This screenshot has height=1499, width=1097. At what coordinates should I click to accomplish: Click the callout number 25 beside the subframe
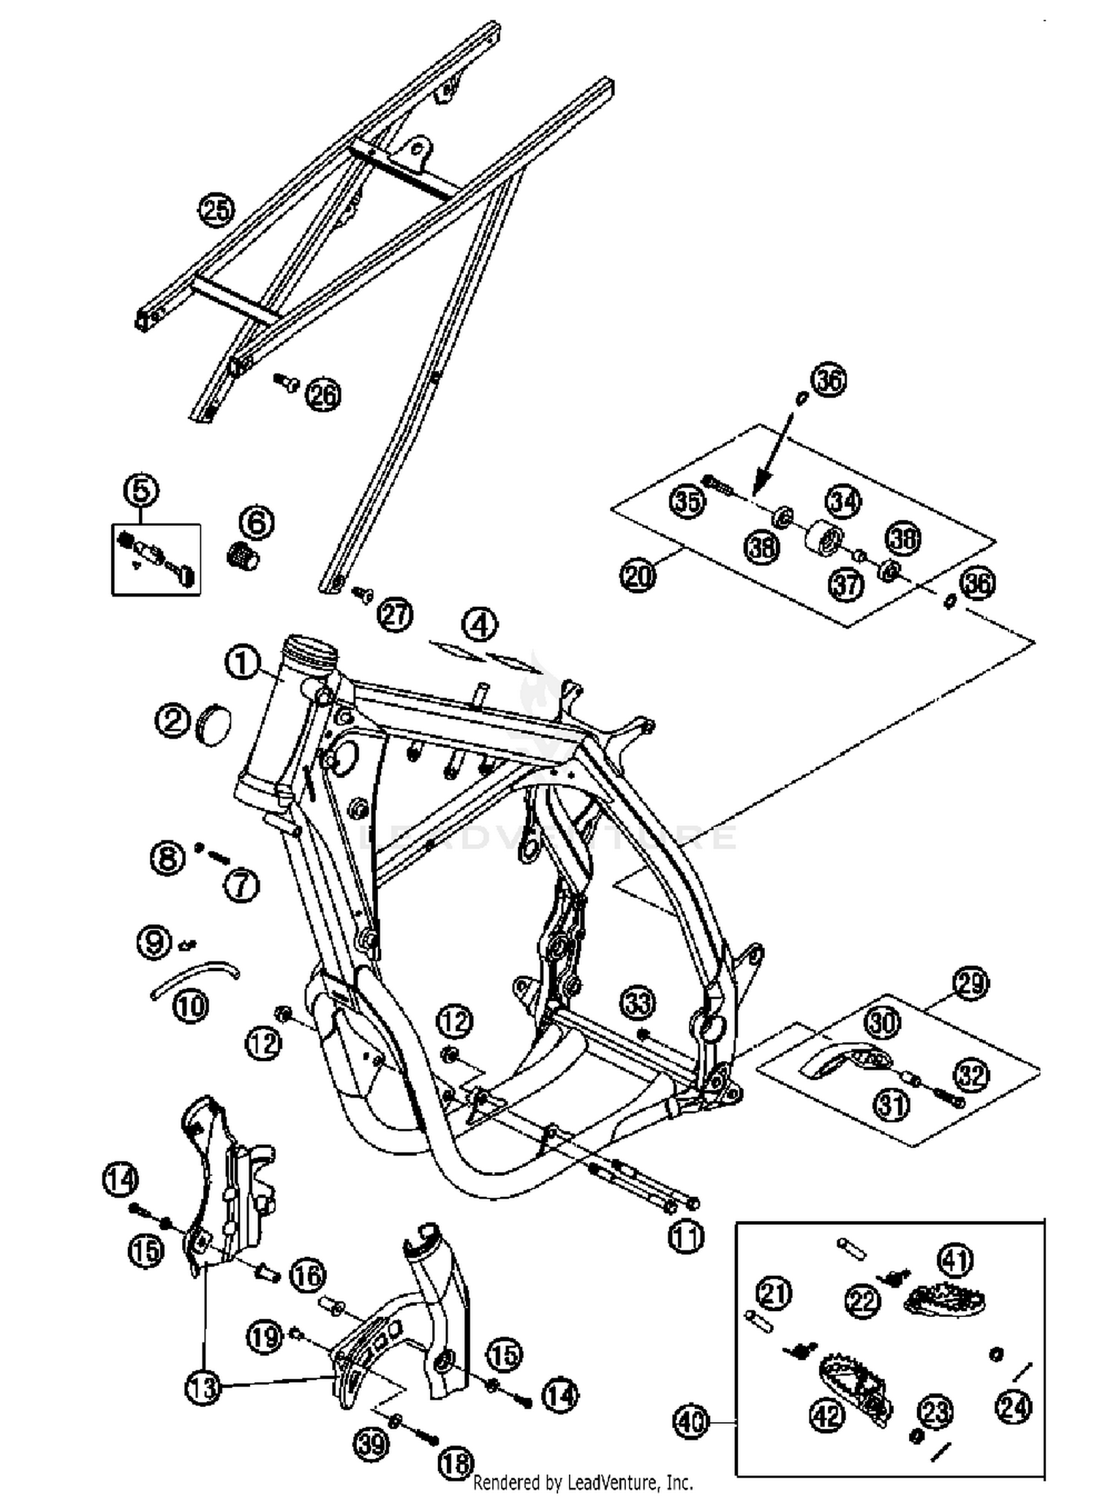(216, 211)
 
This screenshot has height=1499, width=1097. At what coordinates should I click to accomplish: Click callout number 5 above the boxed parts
(141, 490)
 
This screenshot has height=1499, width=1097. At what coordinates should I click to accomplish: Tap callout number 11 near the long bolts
(686, 1236)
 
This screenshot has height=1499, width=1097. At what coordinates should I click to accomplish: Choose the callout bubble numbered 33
(638, 1003)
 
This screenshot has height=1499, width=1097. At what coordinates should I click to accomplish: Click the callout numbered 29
(970, 983)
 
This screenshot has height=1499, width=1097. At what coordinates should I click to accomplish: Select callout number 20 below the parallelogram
(638, 576)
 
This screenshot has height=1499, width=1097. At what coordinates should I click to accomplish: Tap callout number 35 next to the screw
(687, 502)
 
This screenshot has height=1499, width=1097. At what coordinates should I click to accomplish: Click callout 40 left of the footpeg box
(691, 1422)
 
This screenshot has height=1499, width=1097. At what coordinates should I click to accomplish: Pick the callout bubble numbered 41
(955, 1259)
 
